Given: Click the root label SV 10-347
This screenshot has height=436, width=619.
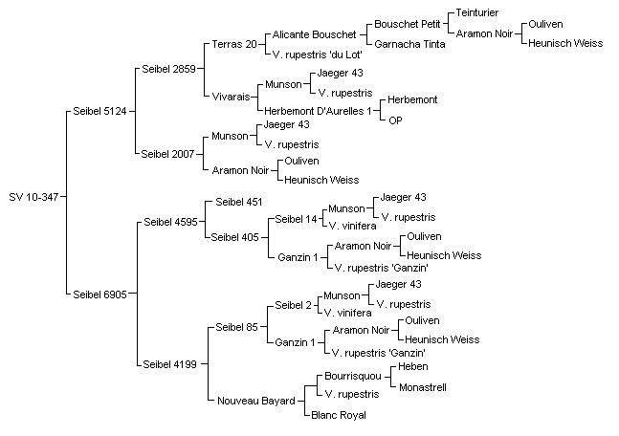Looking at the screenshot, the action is click(33, 197).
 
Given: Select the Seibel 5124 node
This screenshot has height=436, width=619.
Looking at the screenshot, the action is click(99, 111).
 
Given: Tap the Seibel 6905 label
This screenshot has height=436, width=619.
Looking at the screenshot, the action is click(99, 294).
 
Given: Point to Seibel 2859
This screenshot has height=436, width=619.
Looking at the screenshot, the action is click(168, 69).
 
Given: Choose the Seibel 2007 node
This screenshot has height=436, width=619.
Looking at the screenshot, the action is click(167, 154).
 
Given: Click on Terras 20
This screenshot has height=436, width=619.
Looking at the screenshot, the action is click(234, 44).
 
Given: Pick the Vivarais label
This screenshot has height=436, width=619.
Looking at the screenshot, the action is click(231, 97).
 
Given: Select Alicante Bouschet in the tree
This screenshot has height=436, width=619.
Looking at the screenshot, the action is click(314, 34).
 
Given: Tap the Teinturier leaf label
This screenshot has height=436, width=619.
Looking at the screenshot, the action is click(477, 12).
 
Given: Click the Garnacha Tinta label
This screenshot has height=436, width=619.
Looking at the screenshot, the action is click(409, 44).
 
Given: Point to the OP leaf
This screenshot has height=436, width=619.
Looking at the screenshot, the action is click(395, 120).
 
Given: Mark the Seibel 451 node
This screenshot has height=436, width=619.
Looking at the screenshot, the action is click(239, 202).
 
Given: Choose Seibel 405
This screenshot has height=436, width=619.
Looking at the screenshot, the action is click(235, 237).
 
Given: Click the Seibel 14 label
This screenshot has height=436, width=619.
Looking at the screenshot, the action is click(296, 219).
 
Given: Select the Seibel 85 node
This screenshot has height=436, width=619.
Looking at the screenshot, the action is click(237, 327).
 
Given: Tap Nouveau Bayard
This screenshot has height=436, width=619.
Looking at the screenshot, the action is click(256, 401).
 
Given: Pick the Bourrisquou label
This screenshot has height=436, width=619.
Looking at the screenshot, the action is click(353, 376).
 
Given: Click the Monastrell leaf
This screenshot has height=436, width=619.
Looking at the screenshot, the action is click(423, 387).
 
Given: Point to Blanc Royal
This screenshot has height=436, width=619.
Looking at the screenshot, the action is click(339, 415).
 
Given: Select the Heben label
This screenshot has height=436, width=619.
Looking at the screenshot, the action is click(413, 366).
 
